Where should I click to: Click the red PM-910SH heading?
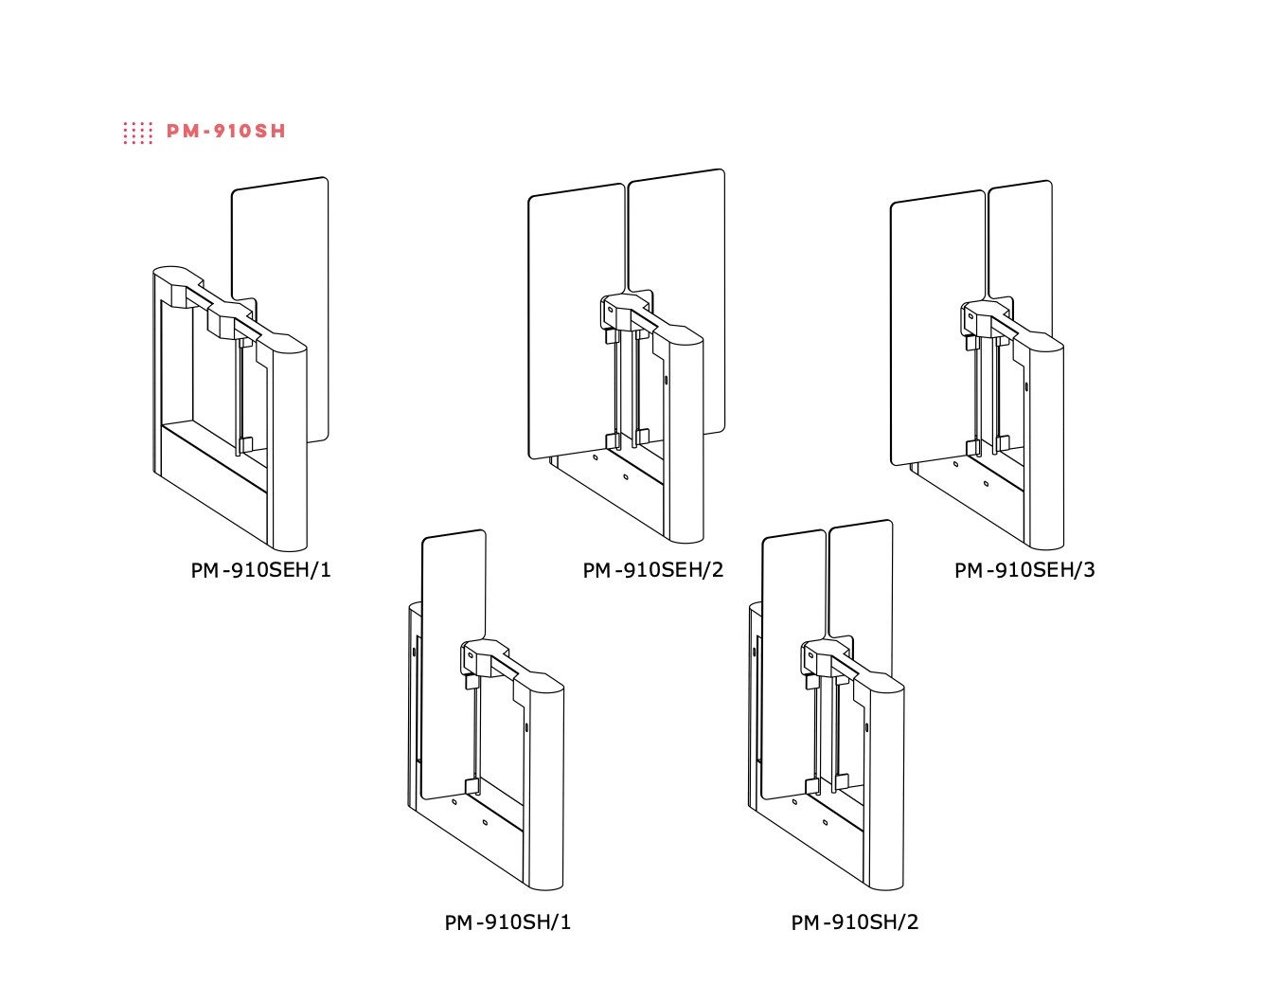(x=226, y=131)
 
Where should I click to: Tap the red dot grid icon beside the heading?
(x=138, y=133)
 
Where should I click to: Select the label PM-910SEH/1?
(x=260, y=570)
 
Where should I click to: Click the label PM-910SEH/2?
(x=652, y=570)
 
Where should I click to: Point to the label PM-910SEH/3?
(x=1024, y=570)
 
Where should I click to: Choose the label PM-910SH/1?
(x=507, y=922)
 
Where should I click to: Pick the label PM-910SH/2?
(x=855, y=922)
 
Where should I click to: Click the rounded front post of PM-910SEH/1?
(x=289, y=447)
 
